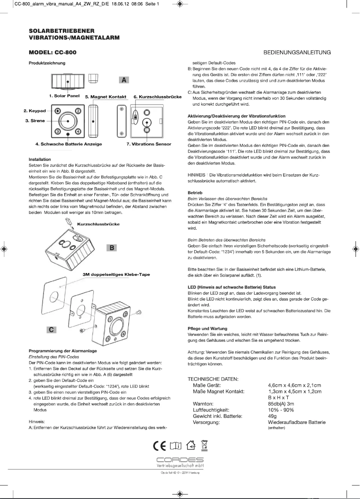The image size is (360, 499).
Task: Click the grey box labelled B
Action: (x=112, y=247)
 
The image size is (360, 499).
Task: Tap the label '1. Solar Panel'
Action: (x=64, y=96)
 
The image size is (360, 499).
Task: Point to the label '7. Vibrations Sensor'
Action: (x=149, y=144)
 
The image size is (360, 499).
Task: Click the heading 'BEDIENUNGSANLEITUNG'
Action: (x=297, y=53)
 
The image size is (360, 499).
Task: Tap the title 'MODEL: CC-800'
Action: (x=53, y=53)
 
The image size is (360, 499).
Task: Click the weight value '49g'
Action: (x=272, y=416)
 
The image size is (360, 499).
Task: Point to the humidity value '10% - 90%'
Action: (x=281, y=410)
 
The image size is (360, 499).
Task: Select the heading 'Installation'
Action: (x=40, y=159)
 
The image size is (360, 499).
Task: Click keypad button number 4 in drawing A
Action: (x=78, y=131)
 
